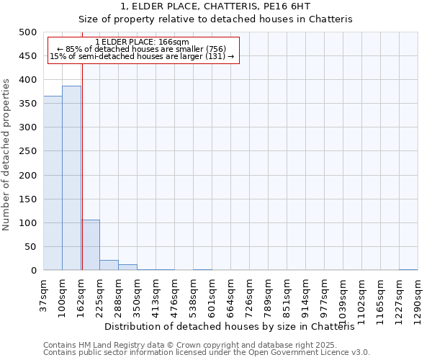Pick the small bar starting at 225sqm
[x=109, y=265]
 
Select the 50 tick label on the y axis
[x=30, y=247]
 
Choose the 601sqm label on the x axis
[x=212, y=295]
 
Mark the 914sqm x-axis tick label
[x=305, y=295]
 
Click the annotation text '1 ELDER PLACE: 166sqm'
[x=142, y=42]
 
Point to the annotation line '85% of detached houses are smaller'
[x=142, y=49]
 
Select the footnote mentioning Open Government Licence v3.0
[x=207, y=353]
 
